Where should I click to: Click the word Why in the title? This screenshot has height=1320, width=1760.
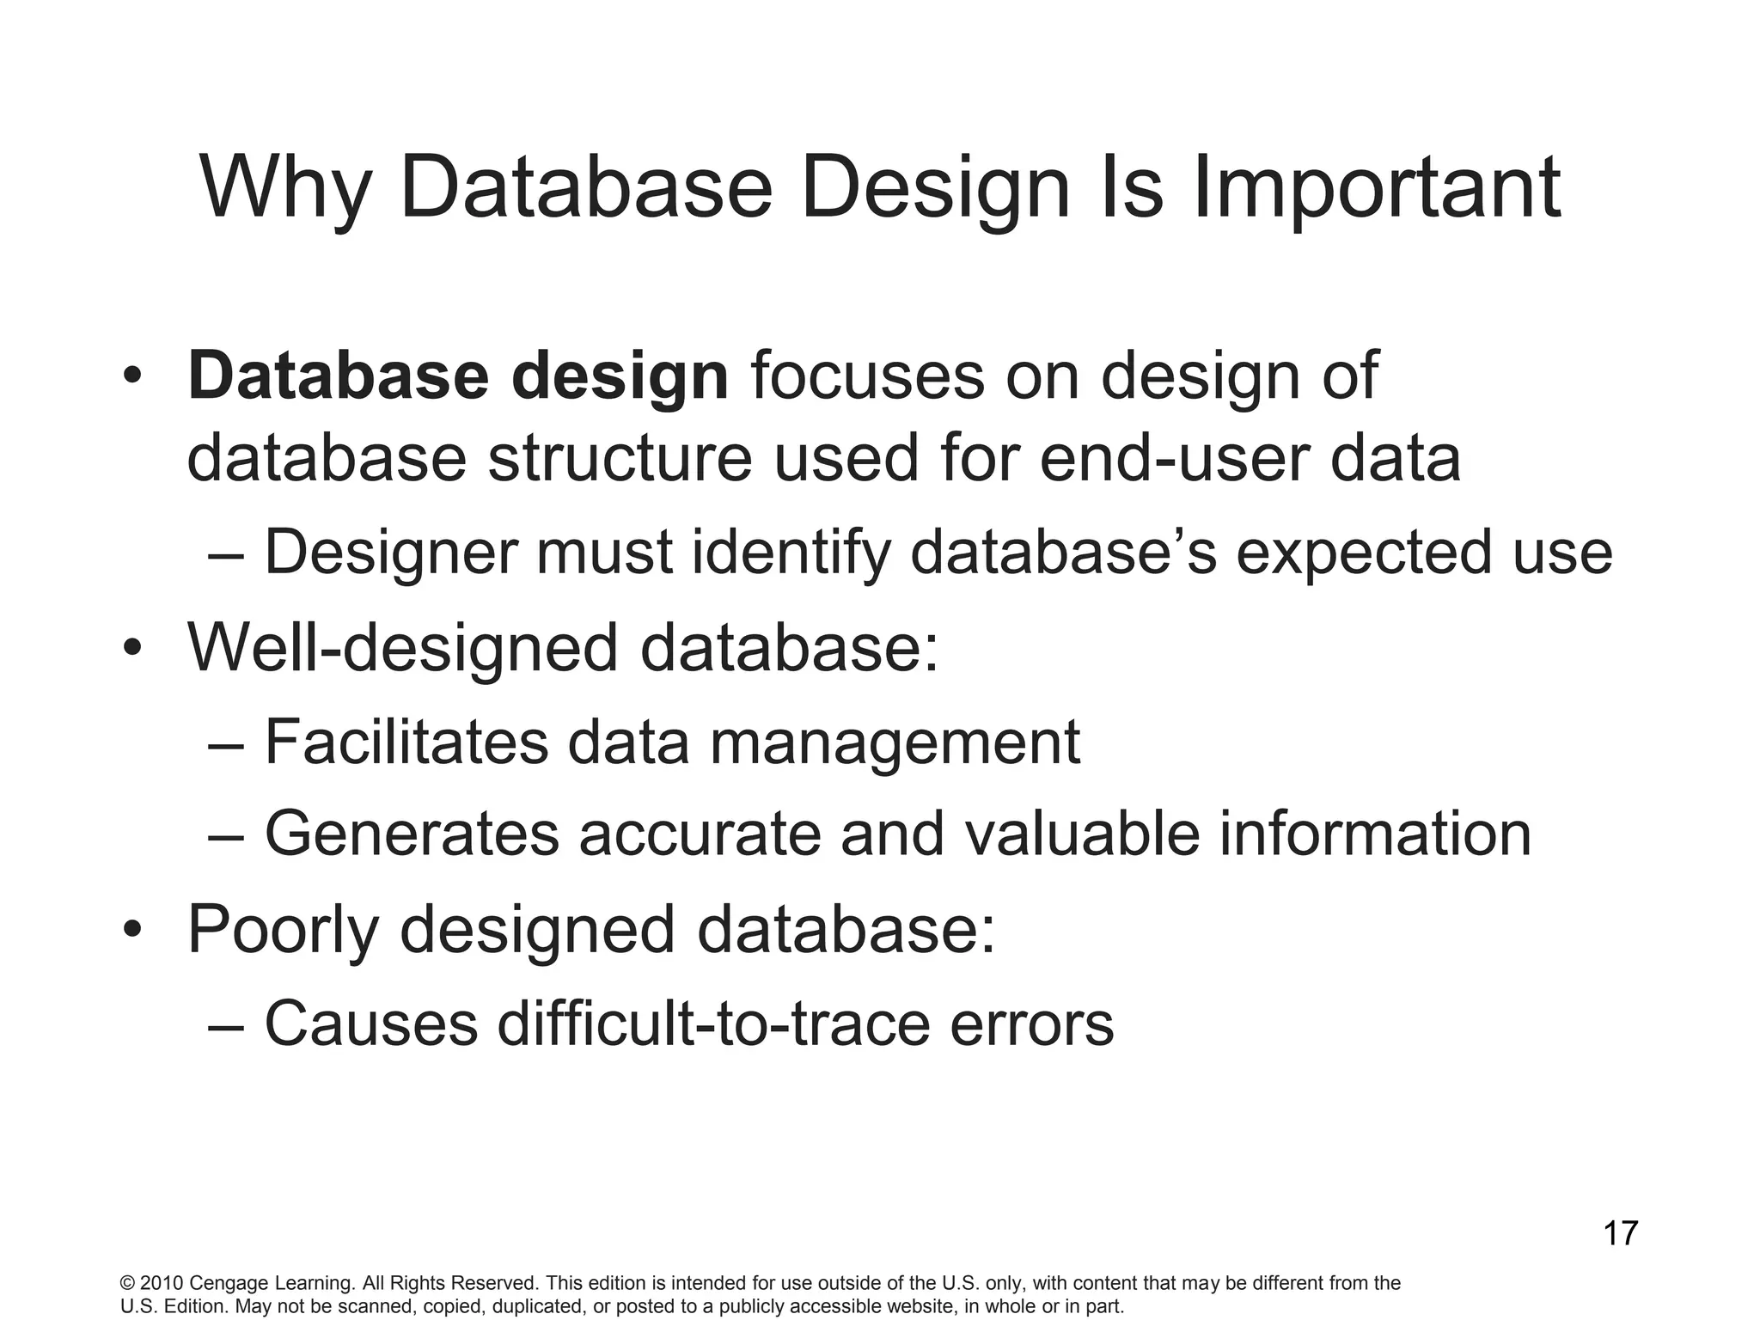coord(284,189)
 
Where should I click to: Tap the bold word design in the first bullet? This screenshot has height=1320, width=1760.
coord(620,377)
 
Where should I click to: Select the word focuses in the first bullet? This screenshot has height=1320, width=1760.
coord(867,377)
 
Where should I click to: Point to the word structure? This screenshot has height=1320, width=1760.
coord(620,458)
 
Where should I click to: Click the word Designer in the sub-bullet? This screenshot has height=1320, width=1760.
coord(390,553)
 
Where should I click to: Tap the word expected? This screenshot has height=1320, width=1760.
coord(1363,553)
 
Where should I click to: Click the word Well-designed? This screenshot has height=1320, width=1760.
coord(402,648)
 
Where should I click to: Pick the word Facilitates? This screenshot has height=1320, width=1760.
coord(406,742)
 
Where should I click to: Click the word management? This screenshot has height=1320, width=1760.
coord(894,742)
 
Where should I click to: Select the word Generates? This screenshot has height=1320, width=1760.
coord(412,834)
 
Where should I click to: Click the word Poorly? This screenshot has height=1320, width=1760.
coord(283,931)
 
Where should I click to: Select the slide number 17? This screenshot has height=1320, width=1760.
coord(1620,1234)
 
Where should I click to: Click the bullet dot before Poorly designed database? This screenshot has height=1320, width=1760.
coord(131,931)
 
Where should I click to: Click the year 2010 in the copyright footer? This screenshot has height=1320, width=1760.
coord(161,1284)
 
